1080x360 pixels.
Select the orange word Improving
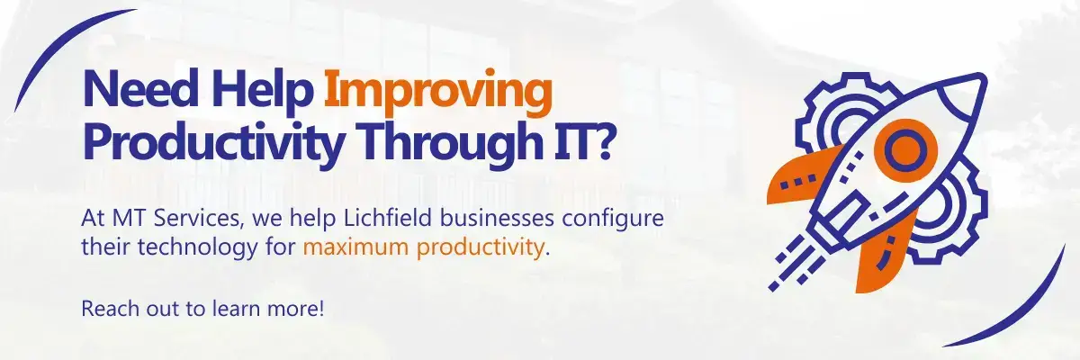(436, 94)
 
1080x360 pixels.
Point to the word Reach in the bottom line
(105, 308)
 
